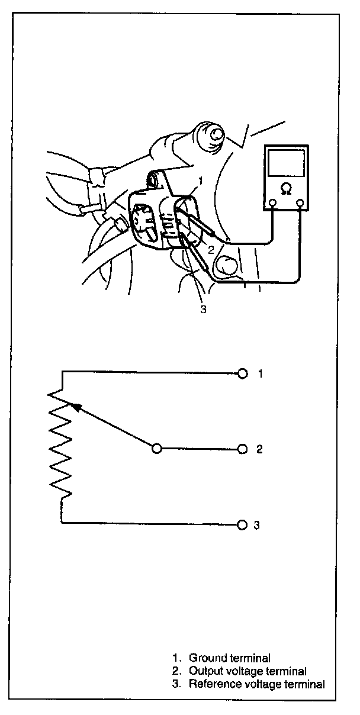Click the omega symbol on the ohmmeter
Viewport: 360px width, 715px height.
tap(287, 189)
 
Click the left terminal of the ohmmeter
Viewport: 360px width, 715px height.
tap(272, 204)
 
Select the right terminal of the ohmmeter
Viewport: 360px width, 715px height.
tap(301, 204)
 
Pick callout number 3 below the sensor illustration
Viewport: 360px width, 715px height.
tap(203, 308)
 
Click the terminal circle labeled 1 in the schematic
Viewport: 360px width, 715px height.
tap(242, 373)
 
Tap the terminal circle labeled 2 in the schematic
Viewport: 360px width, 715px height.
tap(242, 449)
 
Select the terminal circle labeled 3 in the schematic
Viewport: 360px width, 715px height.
tap(242, 525)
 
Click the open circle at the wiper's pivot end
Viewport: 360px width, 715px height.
tap(156, 449)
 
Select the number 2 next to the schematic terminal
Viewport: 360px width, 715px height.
tap(259, 449)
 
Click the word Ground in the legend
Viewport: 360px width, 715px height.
tap(204, 658)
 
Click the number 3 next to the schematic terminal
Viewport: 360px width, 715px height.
tap(256, 525)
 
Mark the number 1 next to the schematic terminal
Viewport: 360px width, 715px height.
tap(259, 373)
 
